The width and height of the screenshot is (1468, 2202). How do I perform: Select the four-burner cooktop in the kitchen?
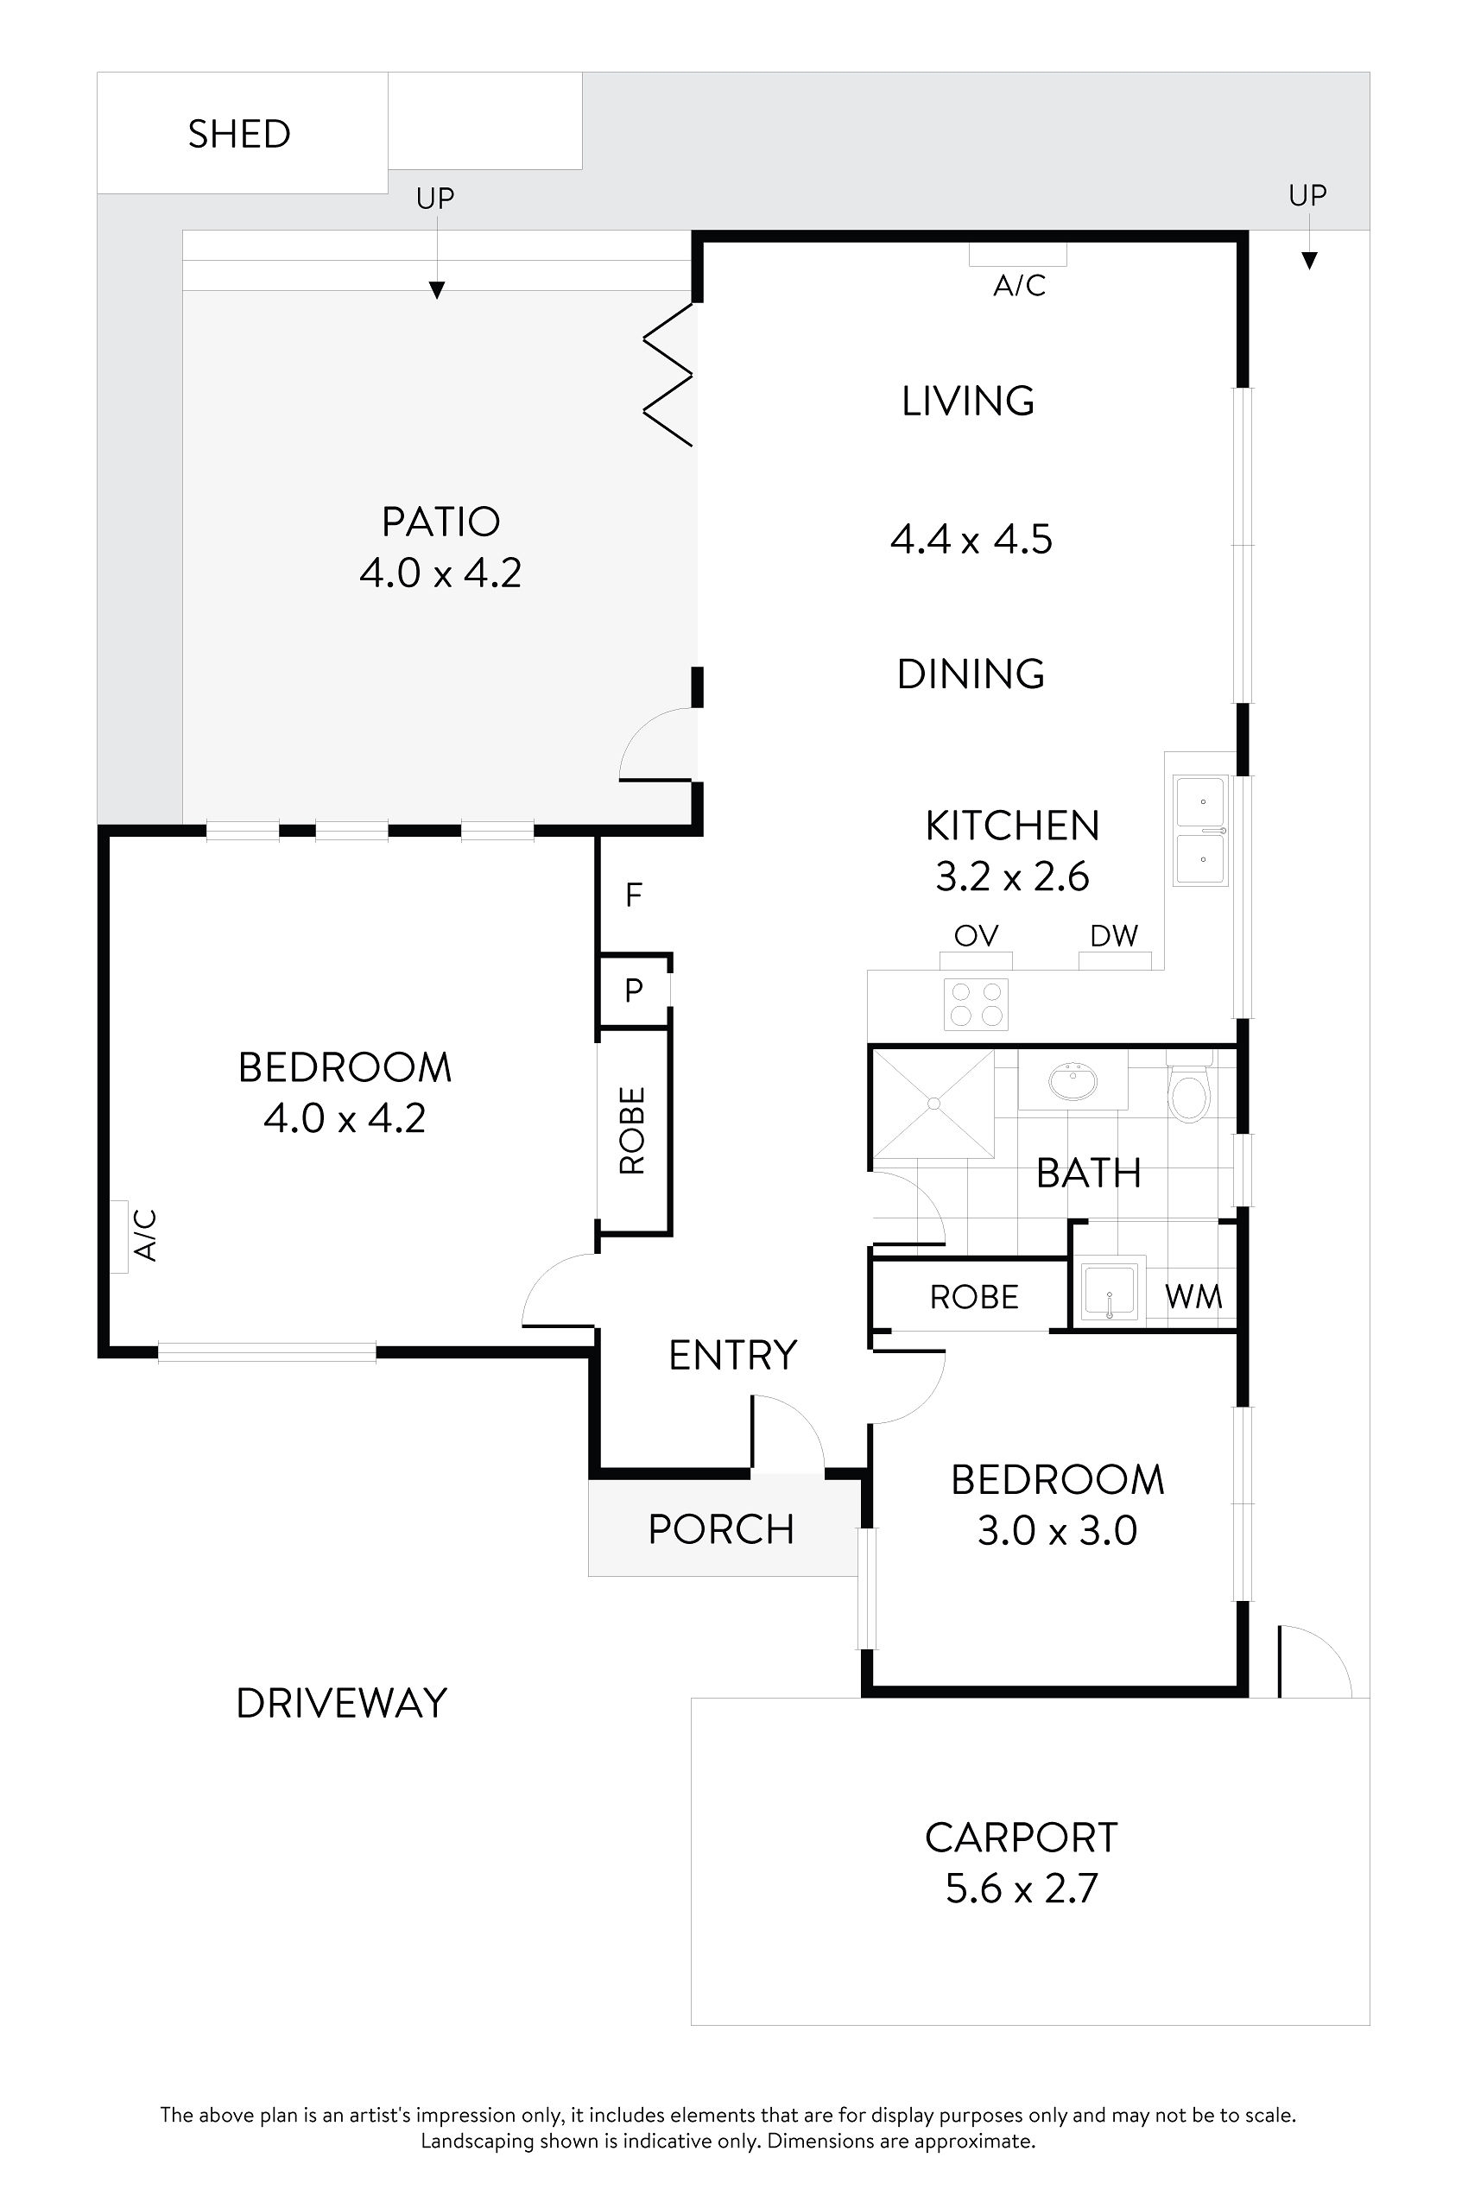coord(976,1003)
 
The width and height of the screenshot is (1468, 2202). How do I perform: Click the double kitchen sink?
coord(1201,831)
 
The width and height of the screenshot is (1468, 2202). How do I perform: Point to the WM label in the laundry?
coord(1193,1297)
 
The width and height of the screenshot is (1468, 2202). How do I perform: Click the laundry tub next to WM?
coord(1110,1293)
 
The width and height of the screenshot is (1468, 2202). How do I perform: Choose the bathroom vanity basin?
coord(1073,1083)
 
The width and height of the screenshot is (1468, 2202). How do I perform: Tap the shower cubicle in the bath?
coord(933,1104)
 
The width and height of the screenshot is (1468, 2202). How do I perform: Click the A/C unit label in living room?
coord(1019,285)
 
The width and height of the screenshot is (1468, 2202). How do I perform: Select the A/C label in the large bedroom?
coord(145,1235)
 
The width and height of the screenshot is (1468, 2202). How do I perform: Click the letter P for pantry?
coord(634,990)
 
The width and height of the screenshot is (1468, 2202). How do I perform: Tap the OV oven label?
coord(976,935)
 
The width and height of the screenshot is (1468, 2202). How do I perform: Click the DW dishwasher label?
coord(1113,935)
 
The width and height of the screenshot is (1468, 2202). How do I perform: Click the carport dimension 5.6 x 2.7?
coord(1021,1888)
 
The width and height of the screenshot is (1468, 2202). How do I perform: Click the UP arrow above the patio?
coord(435,290)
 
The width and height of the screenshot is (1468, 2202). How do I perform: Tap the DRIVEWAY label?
coord(342,1703)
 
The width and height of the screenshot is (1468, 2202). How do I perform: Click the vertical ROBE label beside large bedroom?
coord(633,1130)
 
